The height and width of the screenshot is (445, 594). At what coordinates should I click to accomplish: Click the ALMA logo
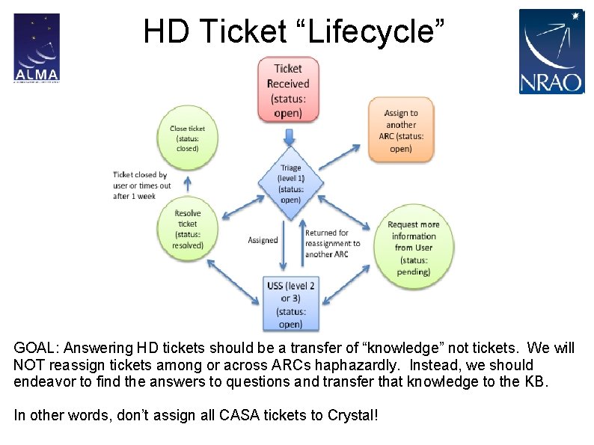(x=36, y=47)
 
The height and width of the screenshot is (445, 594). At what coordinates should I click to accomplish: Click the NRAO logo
(x=551, y=51)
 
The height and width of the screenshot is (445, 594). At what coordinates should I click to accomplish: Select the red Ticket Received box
(x=288, y=90)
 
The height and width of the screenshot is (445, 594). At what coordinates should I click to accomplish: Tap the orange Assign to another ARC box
(x=400, y=129)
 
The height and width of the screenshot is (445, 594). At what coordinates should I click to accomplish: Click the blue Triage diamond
(x=290, y=184)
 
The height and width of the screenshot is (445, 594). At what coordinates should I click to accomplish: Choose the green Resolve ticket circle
(x=188, y=229)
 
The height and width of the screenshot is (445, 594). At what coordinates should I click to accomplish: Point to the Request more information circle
(x=413, y=247)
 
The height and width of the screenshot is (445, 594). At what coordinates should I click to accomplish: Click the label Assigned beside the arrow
(x=263, y=240)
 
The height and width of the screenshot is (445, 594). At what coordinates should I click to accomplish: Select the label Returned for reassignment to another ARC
(x=332, y=244)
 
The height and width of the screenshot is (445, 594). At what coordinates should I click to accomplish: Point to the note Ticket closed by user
(x=142, y=185)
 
